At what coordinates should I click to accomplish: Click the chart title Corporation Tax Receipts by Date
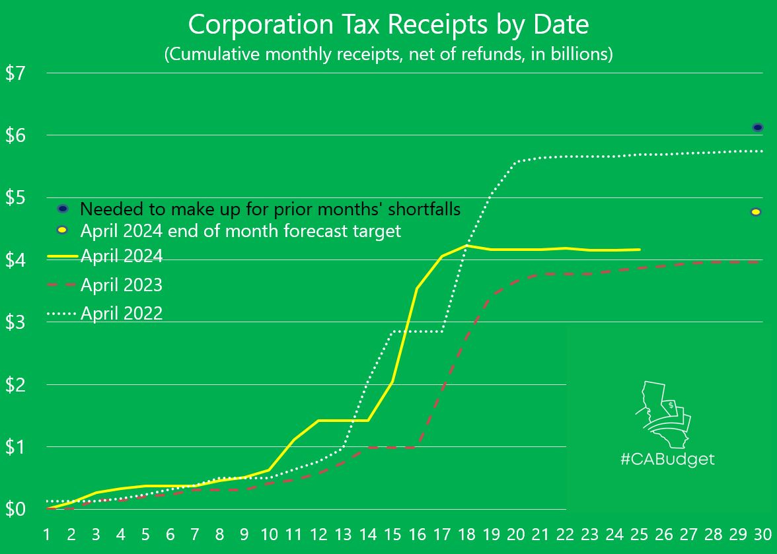[388, 25]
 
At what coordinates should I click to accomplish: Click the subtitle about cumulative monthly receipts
[388, 54]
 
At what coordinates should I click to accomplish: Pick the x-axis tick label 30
[763, 534]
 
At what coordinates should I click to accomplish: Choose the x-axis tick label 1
[47, 534]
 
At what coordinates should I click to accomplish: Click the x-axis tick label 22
[566, 534]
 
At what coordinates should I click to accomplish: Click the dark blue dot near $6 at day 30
[758, 127]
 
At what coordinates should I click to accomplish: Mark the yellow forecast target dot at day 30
[756, 212]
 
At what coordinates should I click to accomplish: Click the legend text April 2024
[122, 256]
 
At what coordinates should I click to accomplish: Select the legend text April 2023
[122, 285]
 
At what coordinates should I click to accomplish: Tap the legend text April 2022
[122, 313]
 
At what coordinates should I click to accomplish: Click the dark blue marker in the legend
[63, 209]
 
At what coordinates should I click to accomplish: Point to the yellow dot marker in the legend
[63, 230]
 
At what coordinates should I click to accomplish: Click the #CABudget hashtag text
[667, 459]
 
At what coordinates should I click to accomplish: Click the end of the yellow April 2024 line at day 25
[640, 250]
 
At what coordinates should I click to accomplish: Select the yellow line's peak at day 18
[466, 246]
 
